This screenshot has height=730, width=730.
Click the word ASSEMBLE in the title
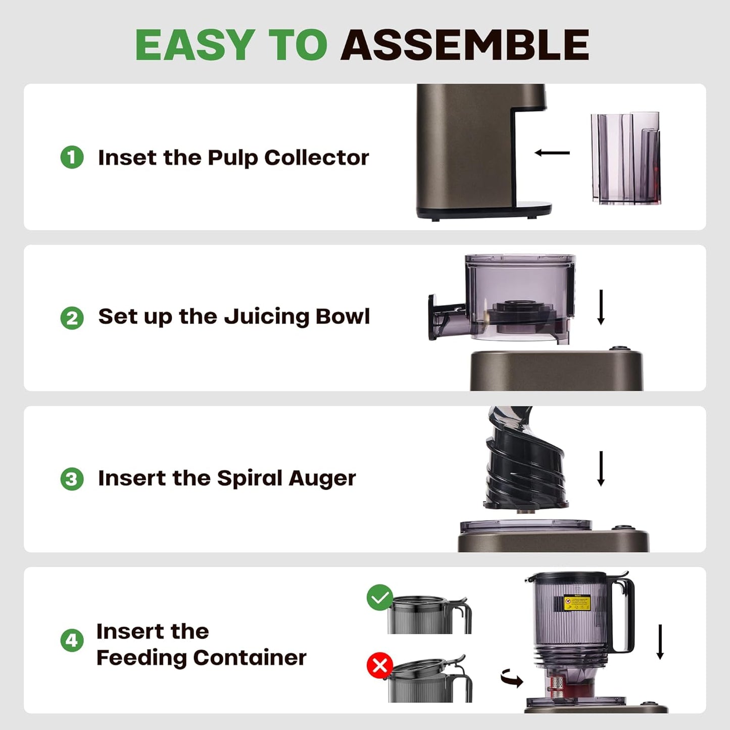pos(465,45)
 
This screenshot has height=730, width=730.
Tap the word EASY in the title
pos(195,45)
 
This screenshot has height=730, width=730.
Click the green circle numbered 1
pos(72,157)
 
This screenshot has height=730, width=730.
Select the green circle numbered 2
pos(72,318)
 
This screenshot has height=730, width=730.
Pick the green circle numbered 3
pos(72,479)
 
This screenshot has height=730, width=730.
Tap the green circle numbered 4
pos(72,641)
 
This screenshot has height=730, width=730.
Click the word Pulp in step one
pos(232,158)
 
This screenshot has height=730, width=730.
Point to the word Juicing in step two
pos(266,317)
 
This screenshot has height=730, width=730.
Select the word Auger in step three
pos(322,478)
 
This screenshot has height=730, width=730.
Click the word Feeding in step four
pos(142,658)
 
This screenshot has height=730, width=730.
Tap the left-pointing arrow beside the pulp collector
pos(552,153)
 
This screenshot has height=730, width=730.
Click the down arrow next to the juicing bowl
pos(601,307)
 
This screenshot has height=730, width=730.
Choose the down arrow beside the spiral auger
pos(601,468)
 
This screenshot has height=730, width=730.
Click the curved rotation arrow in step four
pos(512,678)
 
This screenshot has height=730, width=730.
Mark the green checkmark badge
pos(380,598)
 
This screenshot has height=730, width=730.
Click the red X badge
pos(380,666)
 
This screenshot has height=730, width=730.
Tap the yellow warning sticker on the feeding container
pos(577,602)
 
